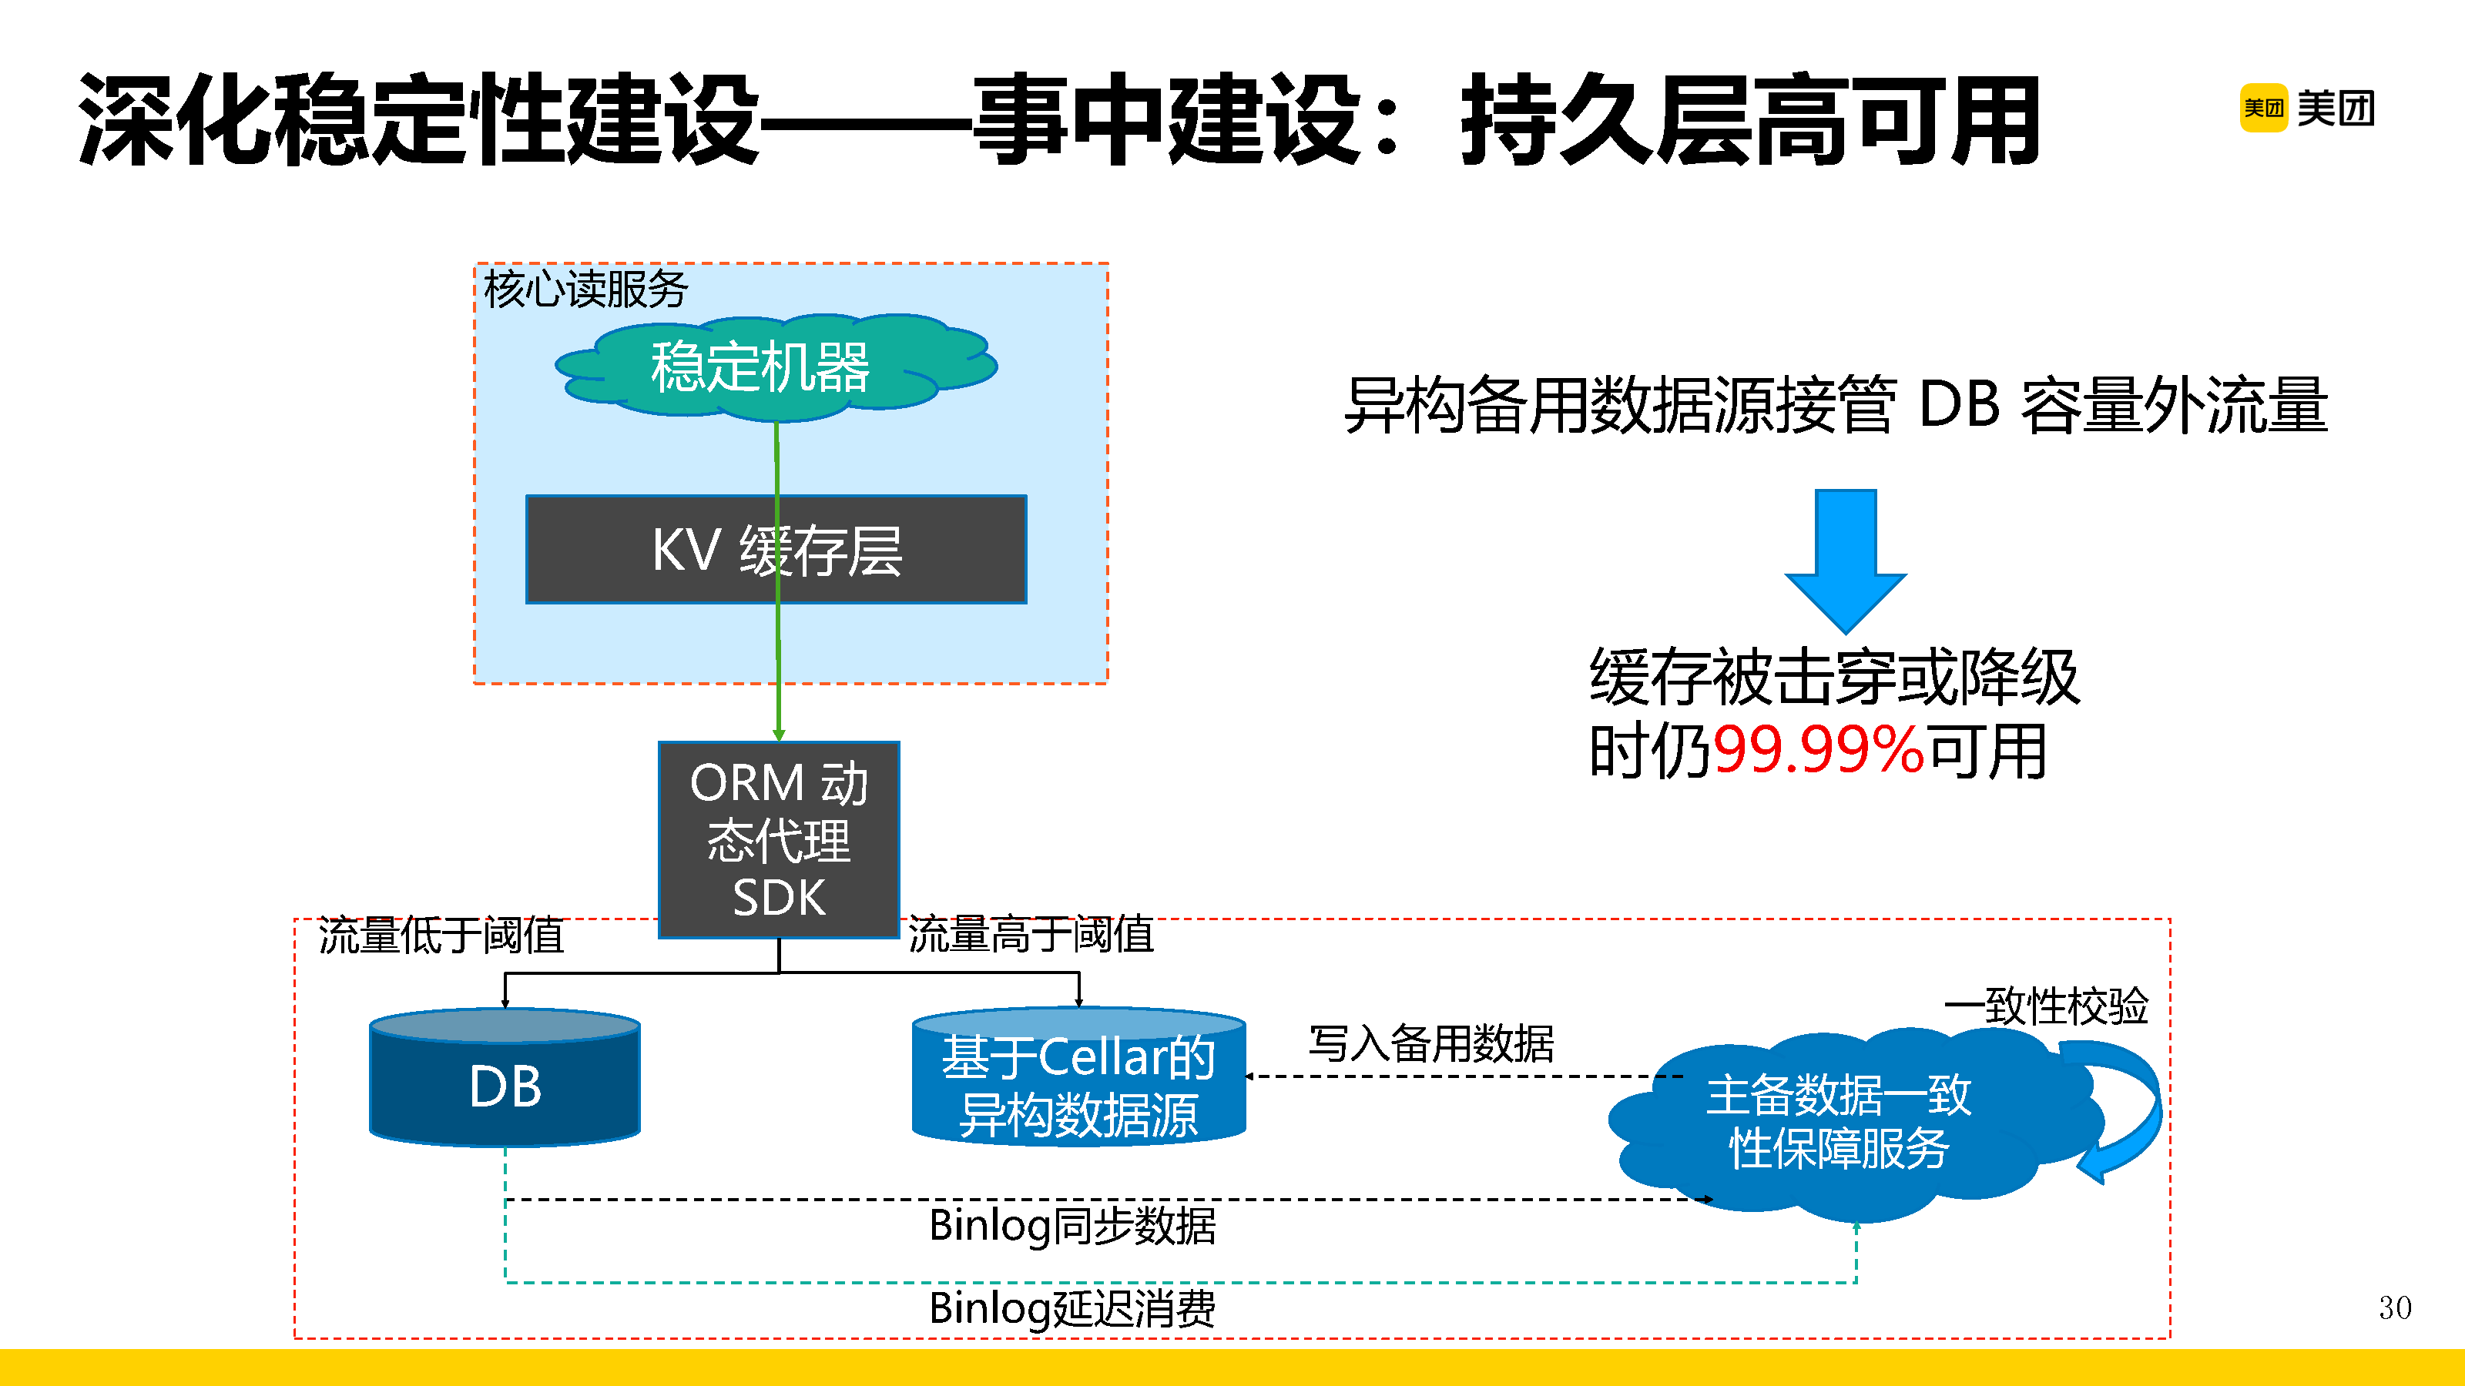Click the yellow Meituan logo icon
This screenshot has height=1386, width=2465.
point(2262,108)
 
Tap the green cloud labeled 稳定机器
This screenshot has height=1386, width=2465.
point(761,367)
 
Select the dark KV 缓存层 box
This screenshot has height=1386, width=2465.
point(776,550)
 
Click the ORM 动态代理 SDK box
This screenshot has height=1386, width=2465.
point(779,839)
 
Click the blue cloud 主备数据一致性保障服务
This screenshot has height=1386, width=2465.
point(1837,1121)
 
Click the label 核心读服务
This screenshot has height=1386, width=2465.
point(585,289)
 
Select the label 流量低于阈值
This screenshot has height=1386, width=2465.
point(441,936)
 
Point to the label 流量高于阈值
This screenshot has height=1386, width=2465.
point(1031,935)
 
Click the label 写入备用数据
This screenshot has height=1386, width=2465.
point(1430,1043)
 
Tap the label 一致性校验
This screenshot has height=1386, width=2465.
point(2046,1006)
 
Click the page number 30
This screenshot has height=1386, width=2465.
point(2394,1307)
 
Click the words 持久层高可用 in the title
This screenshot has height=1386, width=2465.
point(1749,119)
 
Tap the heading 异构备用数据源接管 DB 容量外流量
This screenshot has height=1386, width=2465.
point(1836,406)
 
